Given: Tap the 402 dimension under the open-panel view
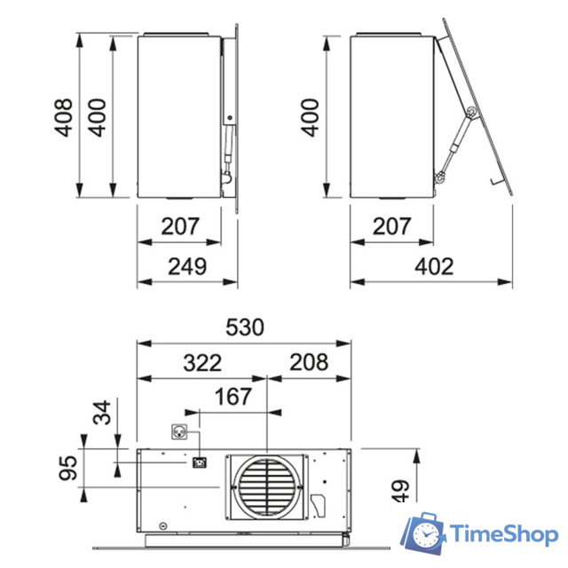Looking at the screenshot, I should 433,266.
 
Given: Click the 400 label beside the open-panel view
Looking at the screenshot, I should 309,117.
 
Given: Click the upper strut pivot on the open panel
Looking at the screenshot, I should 470,111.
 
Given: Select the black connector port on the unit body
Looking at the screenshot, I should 199,462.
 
